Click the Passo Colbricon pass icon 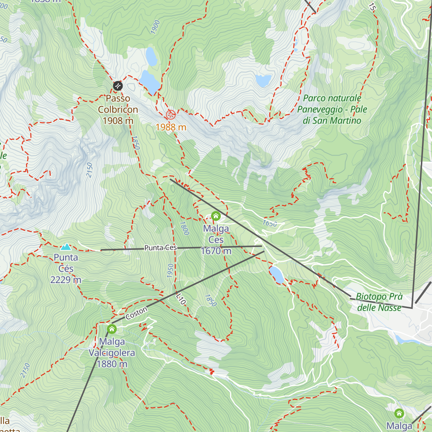coord(118,86)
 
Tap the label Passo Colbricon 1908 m coord(118,109)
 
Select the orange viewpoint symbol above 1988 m coord(171,115)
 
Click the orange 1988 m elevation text coord(171,127)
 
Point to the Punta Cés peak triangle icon coord(66,247)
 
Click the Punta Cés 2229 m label coord(66,269)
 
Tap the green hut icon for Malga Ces coord(216,216)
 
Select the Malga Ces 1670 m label coord(216,240)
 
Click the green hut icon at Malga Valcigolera coord(112,329)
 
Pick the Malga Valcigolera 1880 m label coord(112,353)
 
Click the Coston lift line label coord(136,313)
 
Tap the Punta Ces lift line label coord(161,248)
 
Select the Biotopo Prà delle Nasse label coord(379,302)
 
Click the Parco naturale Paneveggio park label coord(332,109)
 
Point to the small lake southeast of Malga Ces coord(277,274)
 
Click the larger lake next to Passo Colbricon coord(149,82)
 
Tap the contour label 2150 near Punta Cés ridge coord(89,170)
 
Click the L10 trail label coord(181,299)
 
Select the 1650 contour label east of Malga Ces coord(270,224)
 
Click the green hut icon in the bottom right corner coord(399,413)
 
